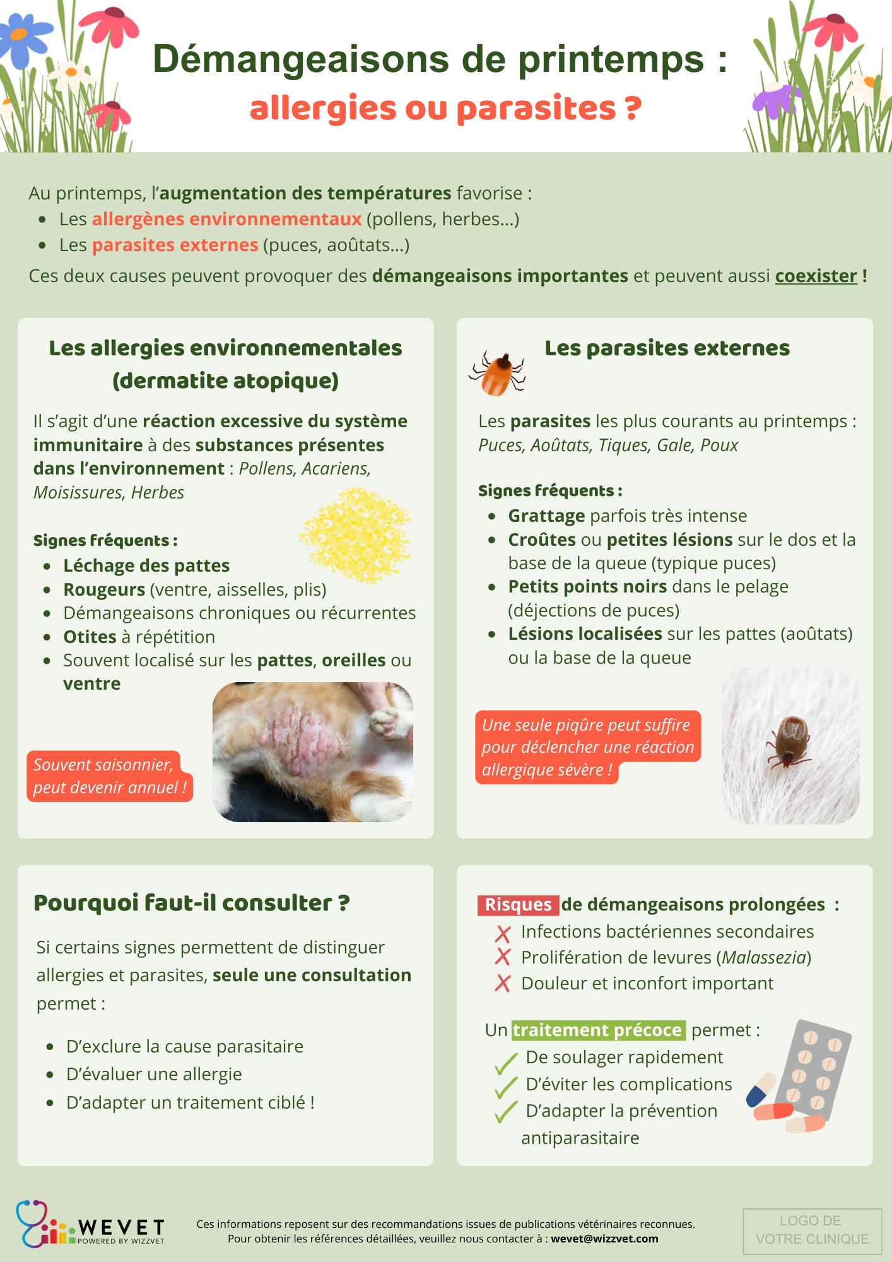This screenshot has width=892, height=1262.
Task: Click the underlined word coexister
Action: [x=816, y=276]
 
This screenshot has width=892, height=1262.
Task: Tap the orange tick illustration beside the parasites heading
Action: [x=498, y=374]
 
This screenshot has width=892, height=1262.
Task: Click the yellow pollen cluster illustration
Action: [x=356, y=534]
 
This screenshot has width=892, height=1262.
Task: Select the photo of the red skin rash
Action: [x=313, y=752]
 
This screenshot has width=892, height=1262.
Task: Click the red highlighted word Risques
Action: [x=518, y=905]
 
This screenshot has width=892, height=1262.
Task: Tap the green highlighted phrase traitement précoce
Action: [x=597, y=1030]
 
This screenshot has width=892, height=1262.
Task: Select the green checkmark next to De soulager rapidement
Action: [x=506, y=1064]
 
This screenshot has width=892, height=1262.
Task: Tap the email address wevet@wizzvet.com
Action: [x=604, y=1239]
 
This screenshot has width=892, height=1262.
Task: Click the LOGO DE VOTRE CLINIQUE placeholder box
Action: [x=812, y=1230]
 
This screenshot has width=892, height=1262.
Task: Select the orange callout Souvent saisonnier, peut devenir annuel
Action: [x=109, y=776]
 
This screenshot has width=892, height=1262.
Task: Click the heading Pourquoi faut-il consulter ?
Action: [x=191, y=903]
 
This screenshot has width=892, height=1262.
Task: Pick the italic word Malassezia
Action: [x=764, y=957]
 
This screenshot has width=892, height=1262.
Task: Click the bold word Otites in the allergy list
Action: [x=90, y=637]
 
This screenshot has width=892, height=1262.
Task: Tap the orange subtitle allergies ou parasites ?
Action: [x=445, y=108]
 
